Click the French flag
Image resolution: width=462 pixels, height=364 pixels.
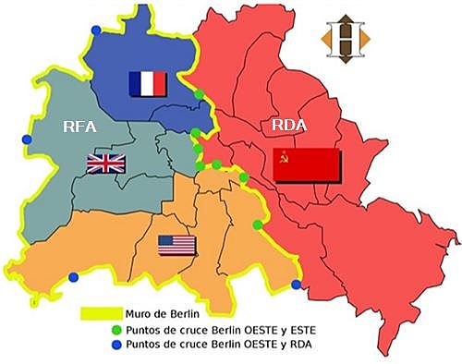pyautogui.click(x=148, y=84)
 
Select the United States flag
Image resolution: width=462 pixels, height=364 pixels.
pyautogui.click(x=176, y=245)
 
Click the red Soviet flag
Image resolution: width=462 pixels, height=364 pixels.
pyautogui.click(x=308, y=164)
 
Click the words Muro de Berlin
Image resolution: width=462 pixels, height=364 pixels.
pyautogui.click(x=169, y=314)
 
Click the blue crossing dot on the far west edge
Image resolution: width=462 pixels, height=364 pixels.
pyautogui.click(x=27, y=140)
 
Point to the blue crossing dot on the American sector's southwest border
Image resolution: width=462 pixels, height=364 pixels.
pyautogui.click(x=74, y=276)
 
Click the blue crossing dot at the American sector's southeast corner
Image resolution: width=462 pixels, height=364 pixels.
pyautogui.click(x=296, y=285)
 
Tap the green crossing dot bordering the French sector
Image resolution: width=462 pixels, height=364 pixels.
pyautogui.click(x=200, y=94)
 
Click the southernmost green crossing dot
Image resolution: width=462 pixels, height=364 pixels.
pyautogui.click(x=258, y=224)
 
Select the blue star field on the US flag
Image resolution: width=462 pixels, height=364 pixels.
pyautogui.click(x=166, y=240)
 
